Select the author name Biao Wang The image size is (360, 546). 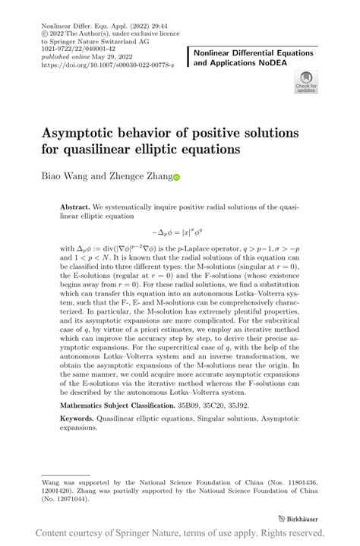coord(65,176)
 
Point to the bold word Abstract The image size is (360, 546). coord(74,206)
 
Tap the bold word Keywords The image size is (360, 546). coord(80,419)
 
